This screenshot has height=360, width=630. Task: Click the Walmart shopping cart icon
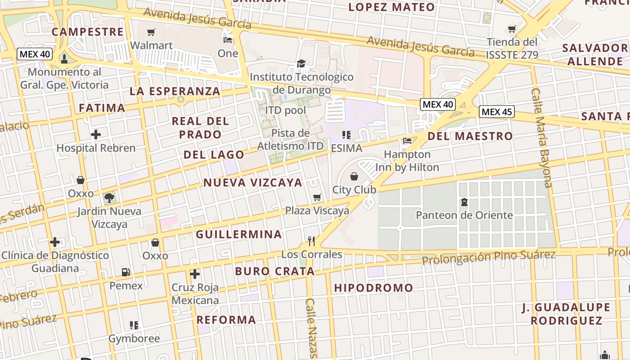[151, 32]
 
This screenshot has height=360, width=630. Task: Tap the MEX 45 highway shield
[496, 112]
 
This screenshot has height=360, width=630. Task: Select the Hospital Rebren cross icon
[95, 134]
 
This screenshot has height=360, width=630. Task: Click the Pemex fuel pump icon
[126, 272]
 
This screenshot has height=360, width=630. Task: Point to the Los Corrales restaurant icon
[311, 241]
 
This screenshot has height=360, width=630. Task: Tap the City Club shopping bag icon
[354, 176]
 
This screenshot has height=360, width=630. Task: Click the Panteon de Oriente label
[464, 215]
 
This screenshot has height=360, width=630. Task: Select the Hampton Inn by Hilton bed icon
[407, 140]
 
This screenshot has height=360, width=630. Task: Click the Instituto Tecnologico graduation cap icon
[301, 63]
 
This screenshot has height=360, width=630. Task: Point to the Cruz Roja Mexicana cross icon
[195, 274]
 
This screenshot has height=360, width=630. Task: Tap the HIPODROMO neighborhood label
[373, 288]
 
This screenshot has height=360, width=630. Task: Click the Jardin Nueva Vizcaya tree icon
[109, 197]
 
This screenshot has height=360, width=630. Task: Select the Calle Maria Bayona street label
[541, 137]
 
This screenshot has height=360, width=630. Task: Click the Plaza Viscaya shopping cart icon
[317, 197]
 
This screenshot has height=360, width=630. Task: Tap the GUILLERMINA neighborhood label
[238, 234]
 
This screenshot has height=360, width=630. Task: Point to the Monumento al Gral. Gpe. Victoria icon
[64, 58]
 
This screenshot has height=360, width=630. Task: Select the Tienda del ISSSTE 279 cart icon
[512, 29]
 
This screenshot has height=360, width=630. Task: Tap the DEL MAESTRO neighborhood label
[470, 136]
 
